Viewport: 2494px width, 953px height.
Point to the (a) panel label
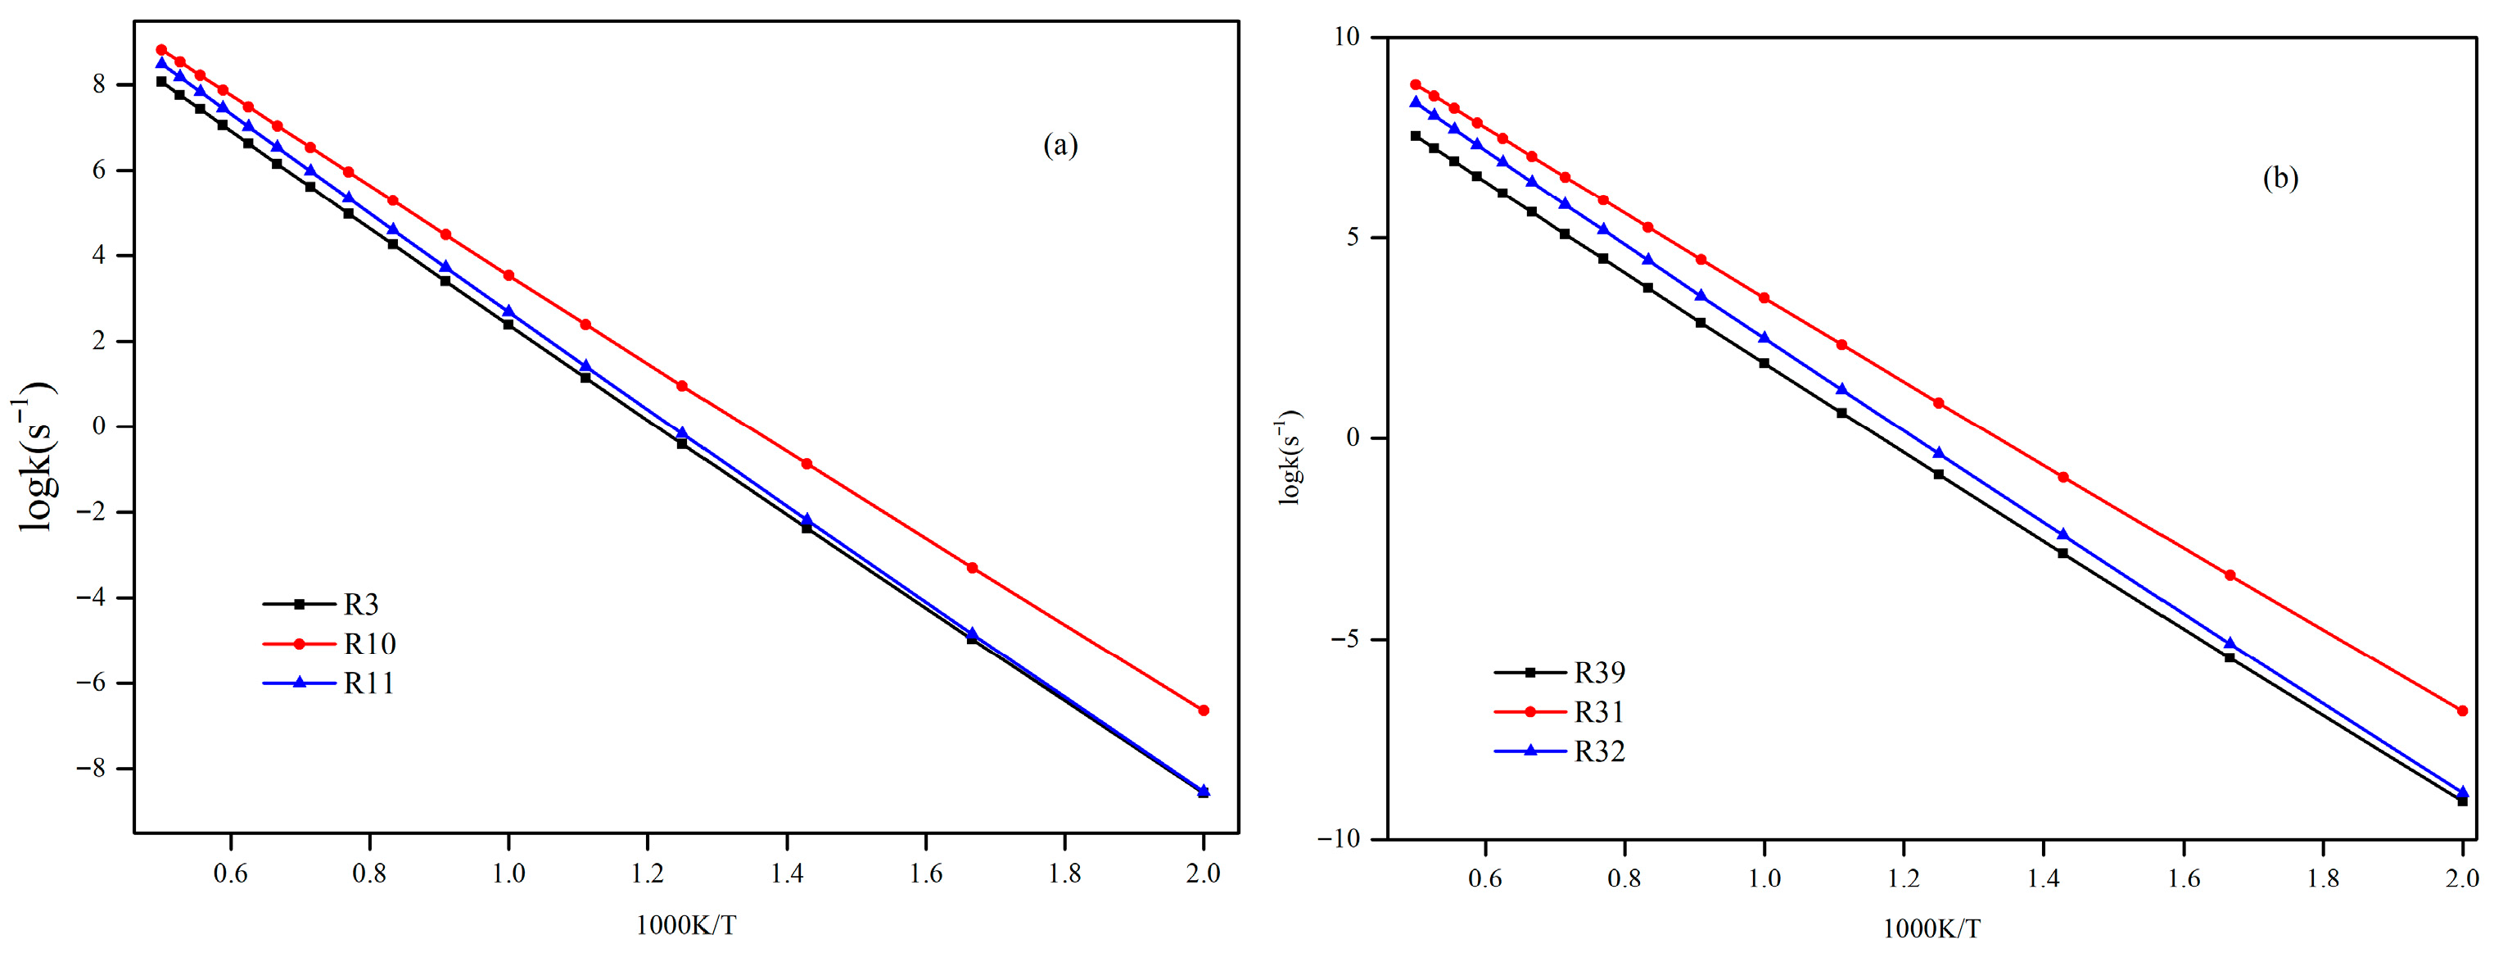[x=1060, y=145]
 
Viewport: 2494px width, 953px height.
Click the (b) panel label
[x=2280, y=178]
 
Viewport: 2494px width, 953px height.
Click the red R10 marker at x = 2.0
[x=1204, y=710]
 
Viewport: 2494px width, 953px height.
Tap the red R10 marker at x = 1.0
[x=508, y=275]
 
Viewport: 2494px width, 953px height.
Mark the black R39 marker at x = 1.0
[x=1764, y=363]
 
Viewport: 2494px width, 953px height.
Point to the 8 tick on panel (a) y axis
[x=99, y=84]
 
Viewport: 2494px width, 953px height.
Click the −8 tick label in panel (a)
[x=91, y=769]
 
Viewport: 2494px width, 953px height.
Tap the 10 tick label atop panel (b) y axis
[x=1347, y=37]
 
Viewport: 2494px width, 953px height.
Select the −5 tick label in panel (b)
[x=1341, y=639]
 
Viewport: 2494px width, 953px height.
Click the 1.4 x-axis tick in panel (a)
[x=787, y=874]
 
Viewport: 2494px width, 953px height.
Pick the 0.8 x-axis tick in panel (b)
[x=1624, y=878]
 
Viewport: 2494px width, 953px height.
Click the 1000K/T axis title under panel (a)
[x=685, y=926]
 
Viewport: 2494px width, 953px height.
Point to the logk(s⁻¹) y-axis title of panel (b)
[x=1291, y=457]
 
